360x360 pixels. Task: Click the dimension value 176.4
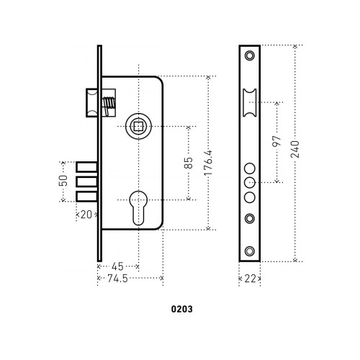click(209, 163)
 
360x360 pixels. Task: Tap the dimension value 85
click(189, 163)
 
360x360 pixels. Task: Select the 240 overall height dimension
click(295, 149)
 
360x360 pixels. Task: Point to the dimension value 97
click(276, 141)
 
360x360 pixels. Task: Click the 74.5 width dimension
click(117, 279)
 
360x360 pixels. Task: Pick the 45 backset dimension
click(117, 266)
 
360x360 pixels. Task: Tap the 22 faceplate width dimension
click(250, 279)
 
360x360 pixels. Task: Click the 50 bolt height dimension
click(63, 181)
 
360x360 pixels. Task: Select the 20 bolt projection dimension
click(86, 215)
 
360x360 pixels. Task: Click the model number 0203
click(182, 309)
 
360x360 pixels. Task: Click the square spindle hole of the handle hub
click(138, 127)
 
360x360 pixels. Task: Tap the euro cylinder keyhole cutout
click(138, 208)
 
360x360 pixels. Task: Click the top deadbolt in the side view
click(87, 167)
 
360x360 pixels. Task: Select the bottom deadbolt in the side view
click(87, 197)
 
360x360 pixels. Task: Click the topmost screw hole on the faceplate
click(250, 55)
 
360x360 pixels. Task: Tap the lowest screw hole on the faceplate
click(250, 251)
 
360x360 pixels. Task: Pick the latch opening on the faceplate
click(250, 102)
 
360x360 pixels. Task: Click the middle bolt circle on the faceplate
click(250, 183)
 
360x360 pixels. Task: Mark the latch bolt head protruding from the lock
click(92, 103)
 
